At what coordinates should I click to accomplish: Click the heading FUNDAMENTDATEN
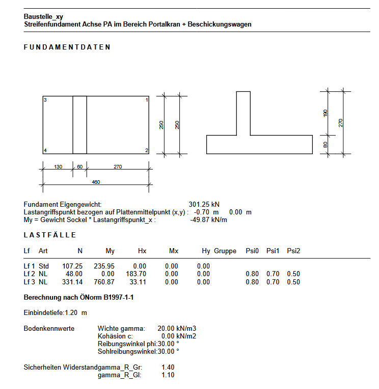click(x=67, y=47)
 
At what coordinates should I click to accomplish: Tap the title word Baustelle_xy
click(x=43, y=17)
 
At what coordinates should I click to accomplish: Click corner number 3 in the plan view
click(x=45, y=100)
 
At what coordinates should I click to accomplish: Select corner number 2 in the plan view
click(x=147, y=151)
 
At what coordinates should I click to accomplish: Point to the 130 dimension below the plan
click(x=58, y=167)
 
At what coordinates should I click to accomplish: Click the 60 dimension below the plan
click(x=80, y=167)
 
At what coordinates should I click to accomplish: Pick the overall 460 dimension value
click(x=96, y=182)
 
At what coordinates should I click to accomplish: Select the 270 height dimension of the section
click(x=341, y=123)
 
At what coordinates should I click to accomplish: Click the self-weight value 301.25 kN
click(x=204, y=204)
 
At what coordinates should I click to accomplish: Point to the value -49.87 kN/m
click(x=208, y=220)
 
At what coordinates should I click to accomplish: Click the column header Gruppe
click(x=225, y=251)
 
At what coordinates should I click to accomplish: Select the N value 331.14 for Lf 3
click(x=72, y=282)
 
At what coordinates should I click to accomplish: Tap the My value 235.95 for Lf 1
click(x=104, y=266)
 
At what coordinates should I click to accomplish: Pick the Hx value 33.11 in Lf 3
click(x=138, y=282)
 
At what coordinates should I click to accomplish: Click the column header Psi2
click(x=293, y=251)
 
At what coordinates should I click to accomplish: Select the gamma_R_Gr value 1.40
click(x=168, y=367)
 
